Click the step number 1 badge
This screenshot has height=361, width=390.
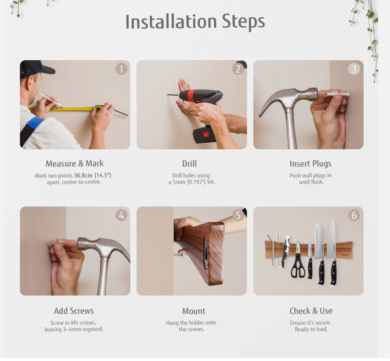tap(121, 69)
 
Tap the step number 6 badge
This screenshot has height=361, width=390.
tap(354, 215)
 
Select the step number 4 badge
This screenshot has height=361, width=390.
tap(121, 215)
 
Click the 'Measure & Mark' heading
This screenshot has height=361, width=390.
tap(75, 163)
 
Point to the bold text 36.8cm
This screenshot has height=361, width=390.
tap(83, 175)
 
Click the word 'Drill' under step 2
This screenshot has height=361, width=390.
tap(190, 164)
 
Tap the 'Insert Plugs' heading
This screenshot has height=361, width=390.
tap(311, 164)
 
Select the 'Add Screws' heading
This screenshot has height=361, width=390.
tap(74, 311)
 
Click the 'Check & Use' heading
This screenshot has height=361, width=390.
tap(311, 311)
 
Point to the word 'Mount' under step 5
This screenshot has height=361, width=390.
tap(194, 311)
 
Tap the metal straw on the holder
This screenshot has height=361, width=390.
tap(271, 249)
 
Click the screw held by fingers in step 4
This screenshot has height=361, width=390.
tap(54, 244)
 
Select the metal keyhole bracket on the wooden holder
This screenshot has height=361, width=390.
tap(206, 253)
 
